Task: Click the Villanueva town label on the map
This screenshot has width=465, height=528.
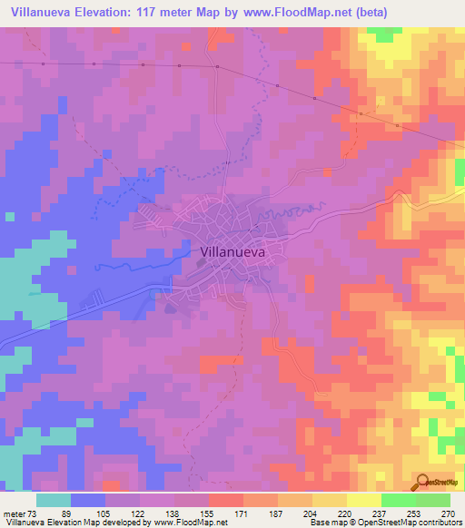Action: [x=232, y=255]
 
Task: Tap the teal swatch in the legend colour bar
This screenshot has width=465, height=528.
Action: [x=54, y=500]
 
